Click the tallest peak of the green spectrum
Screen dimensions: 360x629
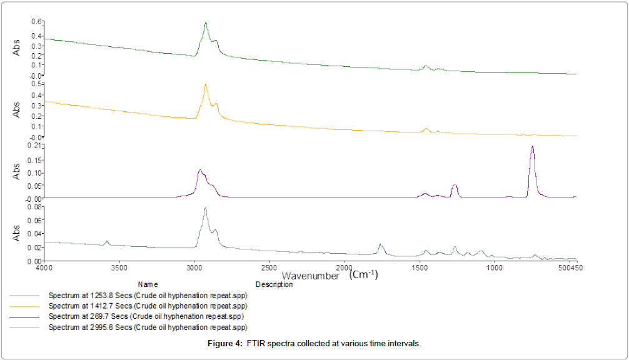(x=205, y=24)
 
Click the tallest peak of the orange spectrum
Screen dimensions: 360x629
(x=205, y=85)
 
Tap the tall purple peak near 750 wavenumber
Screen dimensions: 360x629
(x=532, y=147)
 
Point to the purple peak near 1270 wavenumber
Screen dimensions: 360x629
(x=455, y=186)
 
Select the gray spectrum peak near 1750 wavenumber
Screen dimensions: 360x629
(x=380, y=245)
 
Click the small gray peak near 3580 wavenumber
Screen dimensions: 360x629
(x=107, y=241)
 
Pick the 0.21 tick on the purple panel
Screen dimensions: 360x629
(x=35, y=145)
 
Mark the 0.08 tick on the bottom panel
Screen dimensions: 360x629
(x=35, y=207)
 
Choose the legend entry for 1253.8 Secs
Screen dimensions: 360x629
(x=148, y=295)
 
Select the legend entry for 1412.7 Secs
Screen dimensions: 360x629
(x=148, y=306)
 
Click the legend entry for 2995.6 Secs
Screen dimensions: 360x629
(x=148, y=327)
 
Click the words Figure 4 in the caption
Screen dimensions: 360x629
(x=225, y=344)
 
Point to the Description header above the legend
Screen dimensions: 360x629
(x=274, y=284)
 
